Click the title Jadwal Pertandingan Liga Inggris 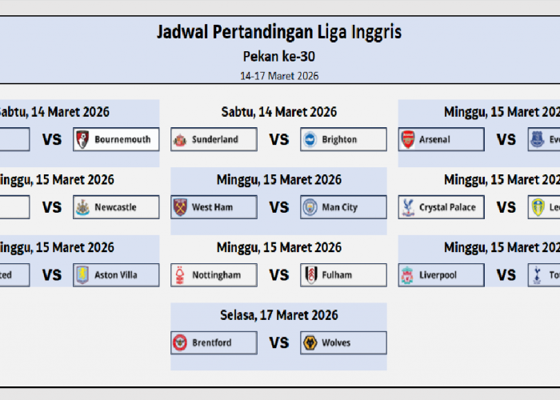[279, 33]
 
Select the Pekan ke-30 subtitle [279, 57]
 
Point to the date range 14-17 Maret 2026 [279, 76]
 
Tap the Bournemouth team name [122, 139]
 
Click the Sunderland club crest [180, 139]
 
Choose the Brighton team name [339, 139]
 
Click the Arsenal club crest [408, 139]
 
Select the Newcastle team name [115, 207]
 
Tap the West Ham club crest [180, 207]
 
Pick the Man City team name [340, 207]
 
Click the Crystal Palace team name [447, 207]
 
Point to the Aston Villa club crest [82, 275]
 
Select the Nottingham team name [216, 275]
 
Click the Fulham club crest [310, 275]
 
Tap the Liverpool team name [438, 275]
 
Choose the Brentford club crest [180, 343]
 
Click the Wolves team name [336, 343]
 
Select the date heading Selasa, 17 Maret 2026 [279, 315]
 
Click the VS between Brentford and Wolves [279, 343]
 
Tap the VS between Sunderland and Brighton [279, 139]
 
